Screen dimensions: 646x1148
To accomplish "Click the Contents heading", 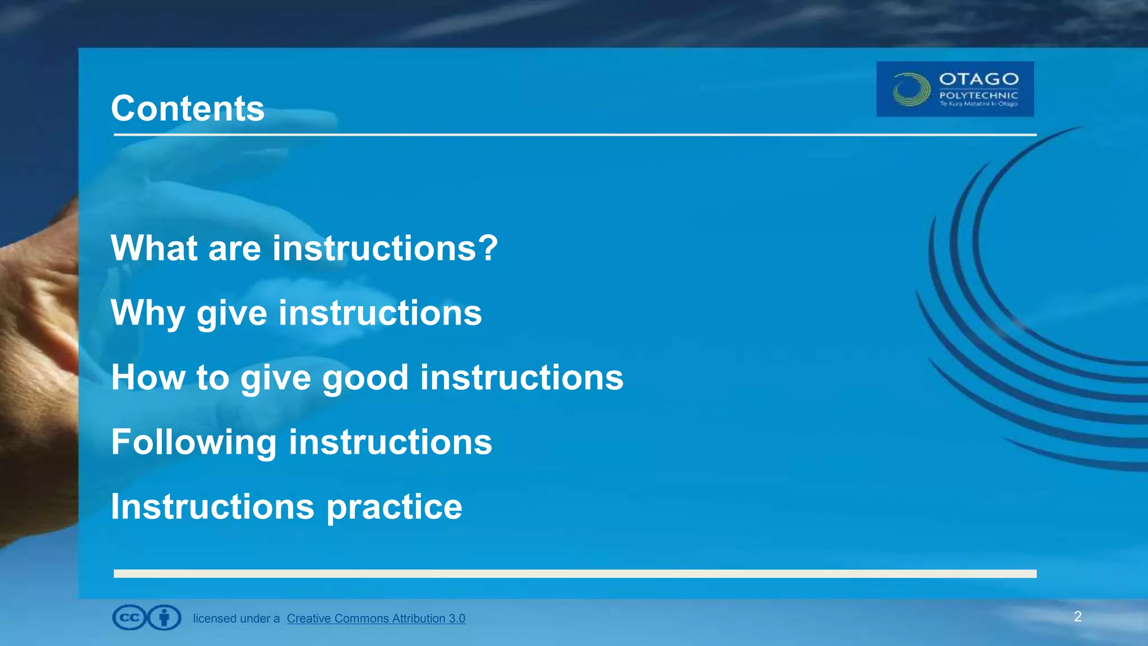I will click(187, 108).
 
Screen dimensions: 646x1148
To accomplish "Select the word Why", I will click(147, 313).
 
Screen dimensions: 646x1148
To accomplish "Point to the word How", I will click(147, 377).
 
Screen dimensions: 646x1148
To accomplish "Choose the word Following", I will click(193, 442).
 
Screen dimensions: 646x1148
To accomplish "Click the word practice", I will click(394, 507).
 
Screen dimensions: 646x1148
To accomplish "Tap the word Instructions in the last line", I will click(212, 506).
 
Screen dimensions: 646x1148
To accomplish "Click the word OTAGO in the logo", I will click(979, 79).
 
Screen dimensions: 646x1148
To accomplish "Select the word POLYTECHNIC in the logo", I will click(979, 95).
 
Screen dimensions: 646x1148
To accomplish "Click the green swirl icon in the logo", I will click(911, 90).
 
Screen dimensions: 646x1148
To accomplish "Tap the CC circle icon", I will click(129, 618).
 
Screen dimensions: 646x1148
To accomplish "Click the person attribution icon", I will click(164, 618).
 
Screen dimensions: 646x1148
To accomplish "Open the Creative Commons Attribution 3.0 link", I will click(376, 619).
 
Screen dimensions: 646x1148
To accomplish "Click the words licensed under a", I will click(236, 619).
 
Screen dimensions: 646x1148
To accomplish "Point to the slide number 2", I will click(1077, 617).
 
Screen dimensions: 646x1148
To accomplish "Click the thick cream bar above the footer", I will click(575, 574).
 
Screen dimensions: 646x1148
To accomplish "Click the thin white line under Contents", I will click(575, 135).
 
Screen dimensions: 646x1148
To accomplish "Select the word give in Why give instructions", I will click(232, 313).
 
